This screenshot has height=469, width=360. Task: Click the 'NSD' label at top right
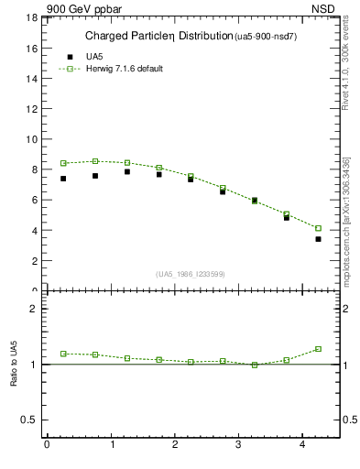324,8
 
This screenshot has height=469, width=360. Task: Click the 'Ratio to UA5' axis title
15,377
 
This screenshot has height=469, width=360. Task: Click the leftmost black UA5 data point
63,179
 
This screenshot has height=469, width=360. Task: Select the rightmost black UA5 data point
318,239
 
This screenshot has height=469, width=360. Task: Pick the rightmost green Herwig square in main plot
318,228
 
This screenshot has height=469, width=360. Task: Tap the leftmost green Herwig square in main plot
63,163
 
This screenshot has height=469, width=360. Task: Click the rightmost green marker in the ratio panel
318,349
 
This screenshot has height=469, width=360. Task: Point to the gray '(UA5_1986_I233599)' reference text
191,274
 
